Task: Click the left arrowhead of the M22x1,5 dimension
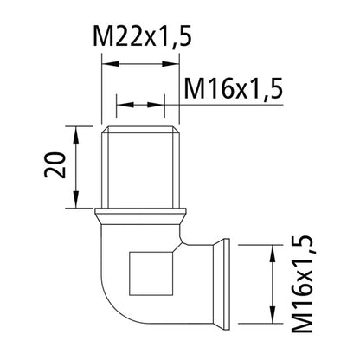[x=108, y=61]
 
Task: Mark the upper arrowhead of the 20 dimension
[x=78, y=131]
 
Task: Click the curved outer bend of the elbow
[x=108, y=294]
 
